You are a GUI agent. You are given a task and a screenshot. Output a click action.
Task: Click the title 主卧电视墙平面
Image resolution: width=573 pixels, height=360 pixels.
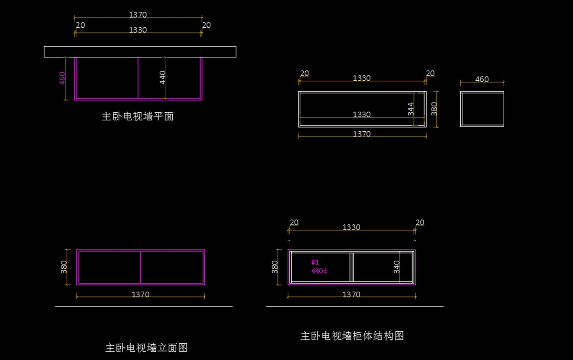point(138,116)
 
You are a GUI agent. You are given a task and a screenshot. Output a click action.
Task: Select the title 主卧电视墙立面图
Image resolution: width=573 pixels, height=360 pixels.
point(146,348)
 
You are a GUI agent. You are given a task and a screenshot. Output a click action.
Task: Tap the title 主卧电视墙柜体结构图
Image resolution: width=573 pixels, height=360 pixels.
point(352,336)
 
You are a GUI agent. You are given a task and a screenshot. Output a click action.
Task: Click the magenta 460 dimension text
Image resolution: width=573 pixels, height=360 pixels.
point(62,78)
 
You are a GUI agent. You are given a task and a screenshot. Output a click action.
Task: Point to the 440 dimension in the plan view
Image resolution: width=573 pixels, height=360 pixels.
point(162,77)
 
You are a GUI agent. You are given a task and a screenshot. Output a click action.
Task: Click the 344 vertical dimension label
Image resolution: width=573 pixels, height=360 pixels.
point(411,109)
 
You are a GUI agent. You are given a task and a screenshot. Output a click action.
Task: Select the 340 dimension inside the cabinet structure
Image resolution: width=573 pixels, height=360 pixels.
point(396,267)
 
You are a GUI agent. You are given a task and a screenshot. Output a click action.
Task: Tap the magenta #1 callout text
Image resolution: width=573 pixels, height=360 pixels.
point(315,262)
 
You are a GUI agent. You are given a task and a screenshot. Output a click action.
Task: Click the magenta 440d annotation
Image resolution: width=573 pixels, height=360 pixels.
point(319,271)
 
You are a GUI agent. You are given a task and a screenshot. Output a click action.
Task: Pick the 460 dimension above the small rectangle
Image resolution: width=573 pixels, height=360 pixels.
point(482,79)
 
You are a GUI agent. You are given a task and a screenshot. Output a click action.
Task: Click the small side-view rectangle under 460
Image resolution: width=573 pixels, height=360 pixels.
point(482,92)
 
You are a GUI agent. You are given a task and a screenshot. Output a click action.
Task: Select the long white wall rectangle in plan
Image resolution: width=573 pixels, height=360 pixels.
point(140,47)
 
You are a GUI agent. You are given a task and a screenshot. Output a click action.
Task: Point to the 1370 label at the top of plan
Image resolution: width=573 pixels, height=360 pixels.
point(138,15)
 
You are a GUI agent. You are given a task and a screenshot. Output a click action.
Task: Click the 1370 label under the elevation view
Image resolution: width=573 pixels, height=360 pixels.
point(140,294)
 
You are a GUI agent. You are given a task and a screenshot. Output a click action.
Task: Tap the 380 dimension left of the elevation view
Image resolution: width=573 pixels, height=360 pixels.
point(64,267)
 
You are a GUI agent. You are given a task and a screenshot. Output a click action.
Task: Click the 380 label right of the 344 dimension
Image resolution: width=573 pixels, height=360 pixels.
point(434,109)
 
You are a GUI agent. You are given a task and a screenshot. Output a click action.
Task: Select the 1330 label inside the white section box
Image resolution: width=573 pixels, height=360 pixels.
point(362,114)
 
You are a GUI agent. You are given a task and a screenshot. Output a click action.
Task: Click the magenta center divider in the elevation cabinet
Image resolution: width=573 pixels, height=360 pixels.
point(140,267)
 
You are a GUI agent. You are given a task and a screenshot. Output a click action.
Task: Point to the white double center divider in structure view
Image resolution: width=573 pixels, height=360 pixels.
point(352,267)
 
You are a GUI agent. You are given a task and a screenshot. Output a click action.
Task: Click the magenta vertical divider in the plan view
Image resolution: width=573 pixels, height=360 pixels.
point(138,78)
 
